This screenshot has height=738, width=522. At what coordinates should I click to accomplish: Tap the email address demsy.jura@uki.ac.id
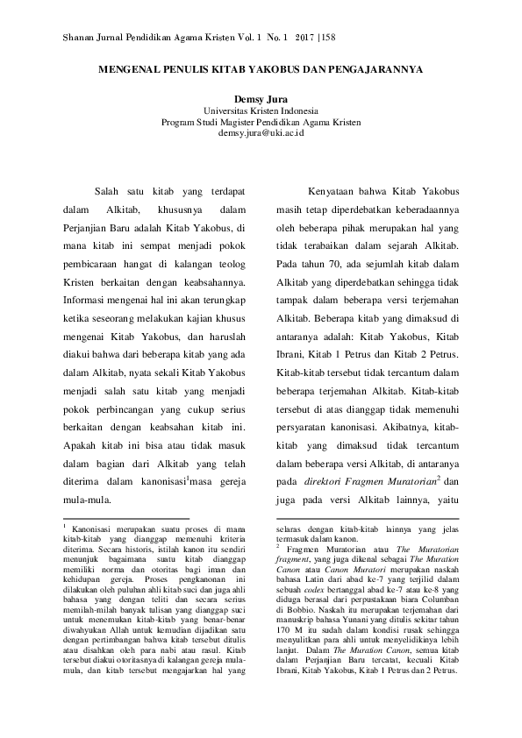tap(261, 132)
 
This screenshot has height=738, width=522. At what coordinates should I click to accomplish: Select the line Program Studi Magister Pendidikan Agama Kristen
tap(261, 122)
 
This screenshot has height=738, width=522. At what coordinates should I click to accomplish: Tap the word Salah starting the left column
tap(107, 192)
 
